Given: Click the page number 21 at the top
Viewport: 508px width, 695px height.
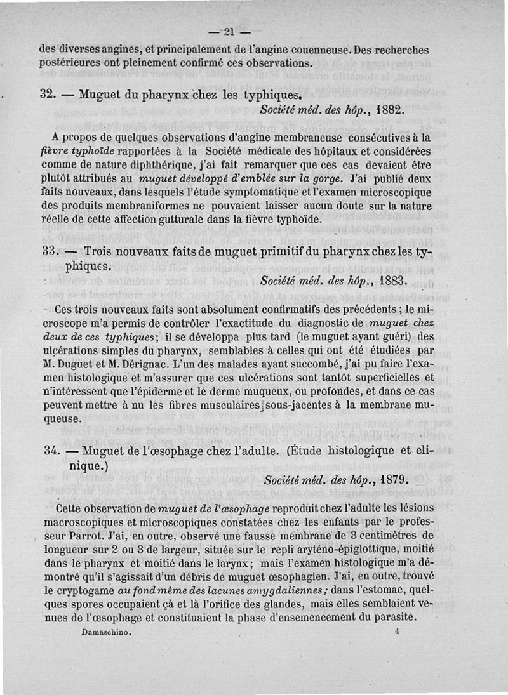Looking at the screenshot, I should click(228, 32).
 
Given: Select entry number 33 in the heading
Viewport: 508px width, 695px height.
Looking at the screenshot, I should click(46, 251).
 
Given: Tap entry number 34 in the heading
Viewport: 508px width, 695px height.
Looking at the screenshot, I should click(46, 451).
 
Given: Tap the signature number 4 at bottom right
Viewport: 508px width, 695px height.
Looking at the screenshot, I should click(396, 632).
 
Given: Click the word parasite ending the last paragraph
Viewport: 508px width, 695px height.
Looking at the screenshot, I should click(393, 618).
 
